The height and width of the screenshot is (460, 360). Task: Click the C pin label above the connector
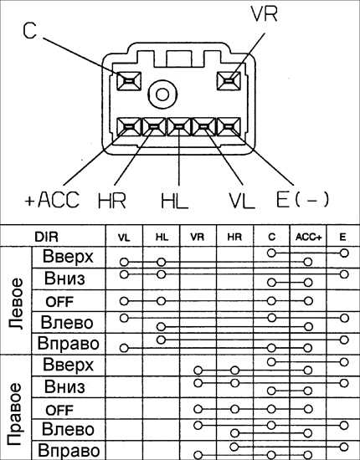(29, 31)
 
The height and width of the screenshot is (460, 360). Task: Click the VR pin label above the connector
(264, 14)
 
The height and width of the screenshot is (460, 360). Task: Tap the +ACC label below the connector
(52, 200)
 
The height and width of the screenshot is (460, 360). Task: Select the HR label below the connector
(112, 201)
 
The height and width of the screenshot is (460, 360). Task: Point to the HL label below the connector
(174, 201)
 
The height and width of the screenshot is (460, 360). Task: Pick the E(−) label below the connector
(302, 200)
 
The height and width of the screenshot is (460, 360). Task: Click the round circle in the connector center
(162, 95)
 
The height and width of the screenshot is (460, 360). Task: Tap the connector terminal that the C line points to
(129, 81)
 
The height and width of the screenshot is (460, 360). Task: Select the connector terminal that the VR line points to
(229, 81)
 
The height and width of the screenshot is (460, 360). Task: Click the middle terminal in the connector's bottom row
(179, 127)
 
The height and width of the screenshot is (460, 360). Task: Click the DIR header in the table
(46, 237)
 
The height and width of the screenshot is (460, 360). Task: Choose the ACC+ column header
(308, 237)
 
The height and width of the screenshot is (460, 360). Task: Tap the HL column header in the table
(162, 237)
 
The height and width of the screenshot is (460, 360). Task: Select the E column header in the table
(342, 237)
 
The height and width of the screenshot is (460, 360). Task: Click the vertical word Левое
(15, 304)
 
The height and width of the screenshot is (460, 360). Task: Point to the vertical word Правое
(14, 414)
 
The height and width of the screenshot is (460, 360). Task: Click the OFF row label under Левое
(59, 302)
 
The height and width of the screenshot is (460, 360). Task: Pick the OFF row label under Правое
(59, 410)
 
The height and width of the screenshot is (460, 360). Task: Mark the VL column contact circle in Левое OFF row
(124, 301)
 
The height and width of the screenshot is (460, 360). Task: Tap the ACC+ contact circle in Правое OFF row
(308, 409)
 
